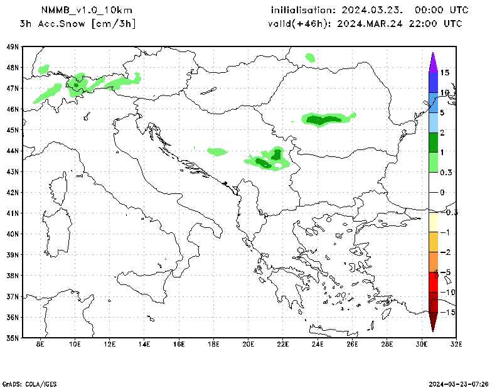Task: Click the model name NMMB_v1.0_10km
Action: click(87, 10)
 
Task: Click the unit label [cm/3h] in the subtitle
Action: click(114, 24)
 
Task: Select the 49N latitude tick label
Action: click(12, 47)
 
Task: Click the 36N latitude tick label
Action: click(12, 317)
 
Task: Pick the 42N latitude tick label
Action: click(12, 193)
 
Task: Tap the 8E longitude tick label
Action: click(41, 344)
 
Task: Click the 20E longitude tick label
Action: click(248, 344)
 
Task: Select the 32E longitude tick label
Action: click(456, 344)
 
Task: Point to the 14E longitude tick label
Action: click(144, 344)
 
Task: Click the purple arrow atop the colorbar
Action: click(433, 62)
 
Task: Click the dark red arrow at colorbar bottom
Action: click(433, 321)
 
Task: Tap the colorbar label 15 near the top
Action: click(444, 73)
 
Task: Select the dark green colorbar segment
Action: click(433, 142)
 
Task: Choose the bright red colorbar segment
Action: click(433, 282)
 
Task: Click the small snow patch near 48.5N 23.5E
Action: click(310, 58)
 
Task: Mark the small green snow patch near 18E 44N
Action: click(217, 151)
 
